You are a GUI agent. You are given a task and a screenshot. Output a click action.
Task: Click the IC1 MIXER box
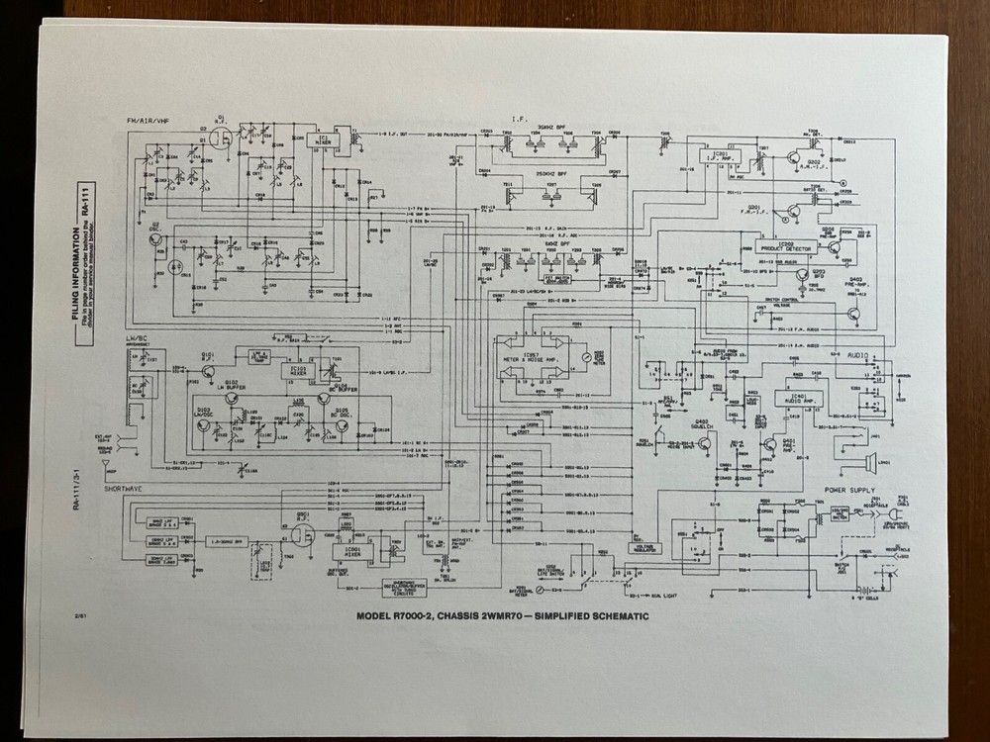coord(323,140)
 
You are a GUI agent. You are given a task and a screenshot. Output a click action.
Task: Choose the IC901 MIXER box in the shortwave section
coord(352,550)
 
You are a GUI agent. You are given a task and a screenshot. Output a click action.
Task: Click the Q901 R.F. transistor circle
coord(302,535)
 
